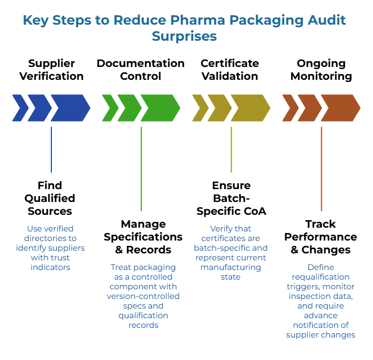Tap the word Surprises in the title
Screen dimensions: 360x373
pyautogui.click(x=185, y=36)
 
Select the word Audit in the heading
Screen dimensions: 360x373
pyautogui.click(x=325, y=20)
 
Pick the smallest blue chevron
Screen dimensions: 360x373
pyautogui.click(x=20, y=108)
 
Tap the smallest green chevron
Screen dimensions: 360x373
pyautogui.click(x=110, y=108)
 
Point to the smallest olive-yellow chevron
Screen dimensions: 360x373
pyautogui.click(x=200, y=108)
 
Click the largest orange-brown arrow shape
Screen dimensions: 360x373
pyautogui.click(x=340, y=108)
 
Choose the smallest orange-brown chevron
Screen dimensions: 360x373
pyautogui.click(x=290, y=108)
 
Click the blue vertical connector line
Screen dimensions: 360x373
pyautogui.click(x=51, y=149)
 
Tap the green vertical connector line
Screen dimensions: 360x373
pyautogui.click(x=141, y=169)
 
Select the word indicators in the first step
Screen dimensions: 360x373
pyautogui.click(x=50, y=267)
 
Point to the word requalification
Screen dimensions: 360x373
pyautogui.click(x=321, y=277)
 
